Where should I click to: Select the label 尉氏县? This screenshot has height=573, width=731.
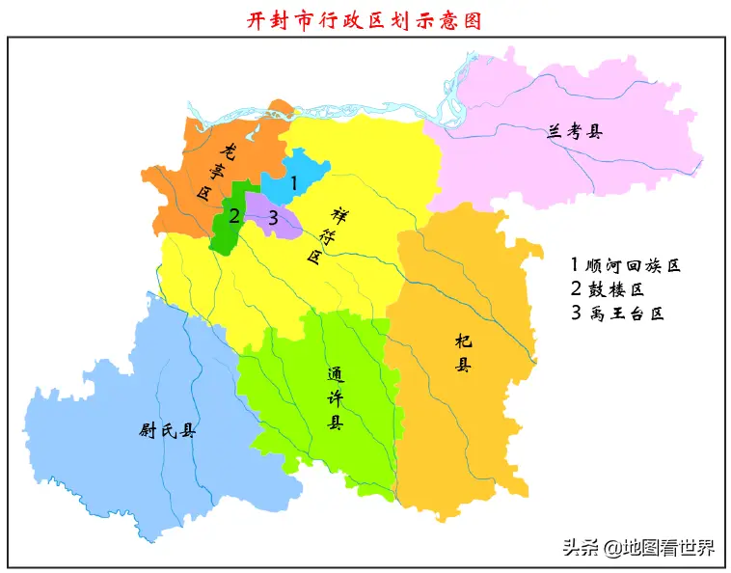coord(167,431)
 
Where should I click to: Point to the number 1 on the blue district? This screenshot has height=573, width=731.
coord(294,180)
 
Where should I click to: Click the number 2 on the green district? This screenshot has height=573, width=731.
coord(233,215)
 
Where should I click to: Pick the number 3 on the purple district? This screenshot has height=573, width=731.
coord(273,219)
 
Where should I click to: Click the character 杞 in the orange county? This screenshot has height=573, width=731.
coord(465,341)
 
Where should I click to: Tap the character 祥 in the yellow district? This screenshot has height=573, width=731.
coord(338,213)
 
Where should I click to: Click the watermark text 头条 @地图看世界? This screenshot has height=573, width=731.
coord(637,548)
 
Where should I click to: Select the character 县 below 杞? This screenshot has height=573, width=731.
coord(465,366)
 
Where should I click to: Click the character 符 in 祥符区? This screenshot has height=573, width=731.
coord(325,234)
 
